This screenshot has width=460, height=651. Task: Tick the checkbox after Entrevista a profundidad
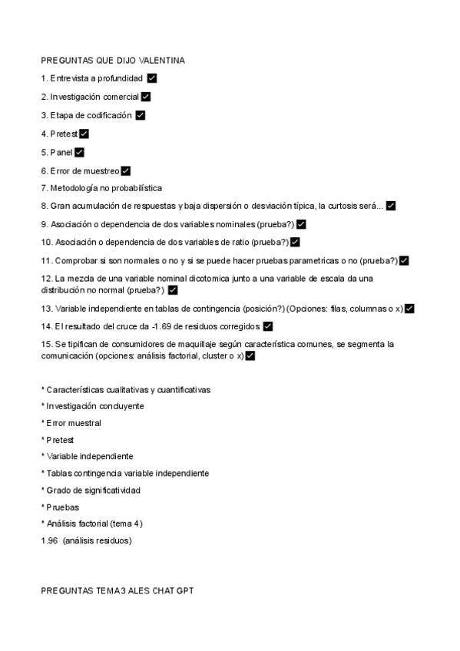click(151, 78)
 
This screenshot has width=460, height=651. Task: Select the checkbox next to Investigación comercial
click(146, 97)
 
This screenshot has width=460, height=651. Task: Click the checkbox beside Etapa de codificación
click(140, 115)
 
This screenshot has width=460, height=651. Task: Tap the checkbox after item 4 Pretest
click(84, 134)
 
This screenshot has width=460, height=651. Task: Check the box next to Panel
click(79, 152)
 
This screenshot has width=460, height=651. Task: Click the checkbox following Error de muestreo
click(126, 170)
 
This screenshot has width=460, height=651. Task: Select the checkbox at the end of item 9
click(301, 224)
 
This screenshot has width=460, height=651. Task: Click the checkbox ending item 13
click(409, 309)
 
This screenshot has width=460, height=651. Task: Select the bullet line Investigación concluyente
click(94, 406)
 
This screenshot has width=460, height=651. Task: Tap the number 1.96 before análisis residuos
click(49, 540)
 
